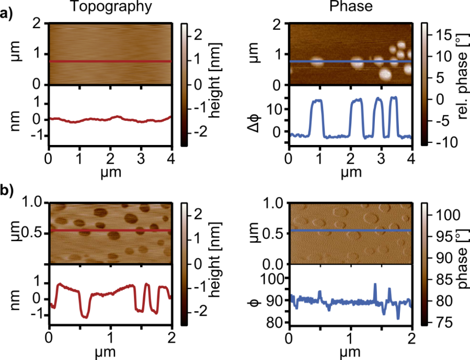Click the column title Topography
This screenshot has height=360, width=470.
coord(110,7)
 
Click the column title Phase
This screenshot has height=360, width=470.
coord(351,7)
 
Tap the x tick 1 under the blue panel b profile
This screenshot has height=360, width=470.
coord(350,335)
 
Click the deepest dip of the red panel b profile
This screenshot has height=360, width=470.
coord(84,317)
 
